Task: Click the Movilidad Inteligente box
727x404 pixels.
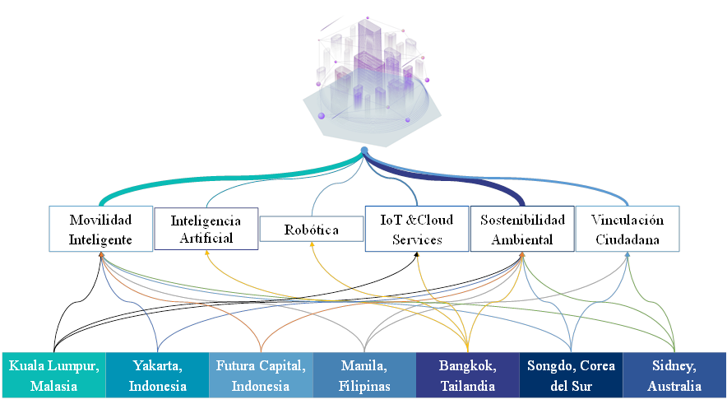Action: (101, 228)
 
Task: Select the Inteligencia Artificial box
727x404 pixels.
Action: (206, 228)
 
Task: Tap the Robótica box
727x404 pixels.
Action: (313, 229)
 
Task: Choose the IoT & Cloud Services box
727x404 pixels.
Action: (417, 228)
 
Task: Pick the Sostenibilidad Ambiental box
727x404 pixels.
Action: (522, 228)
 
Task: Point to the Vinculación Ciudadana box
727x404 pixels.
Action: (627, 228)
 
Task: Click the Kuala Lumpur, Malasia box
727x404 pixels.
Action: (54, 374)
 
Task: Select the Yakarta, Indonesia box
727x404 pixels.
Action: (158, 374)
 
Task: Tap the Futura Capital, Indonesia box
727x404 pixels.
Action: (261, 374)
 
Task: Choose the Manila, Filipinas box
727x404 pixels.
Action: (364, 374)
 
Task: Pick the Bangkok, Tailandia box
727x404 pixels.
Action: (468, 374)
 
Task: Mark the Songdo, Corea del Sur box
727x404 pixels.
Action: (572, 374)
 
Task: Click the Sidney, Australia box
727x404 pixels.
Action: (674, 374)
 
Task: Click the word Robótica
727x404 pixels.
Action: (313, 230)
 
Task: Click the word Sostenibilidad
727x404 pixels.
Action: (522, 220)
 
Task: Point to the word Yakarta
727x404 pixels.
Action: (157, 365)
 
